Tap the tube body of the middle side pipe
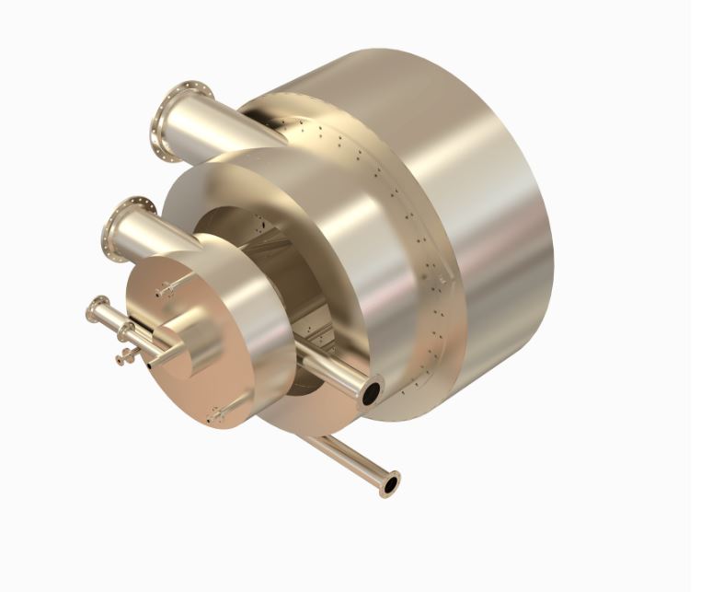[327, 373]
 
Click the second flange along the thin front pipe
[126, 331]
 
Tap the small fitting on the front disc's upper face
[167, 291]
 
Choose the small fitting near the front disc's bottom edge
[215, 416]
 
